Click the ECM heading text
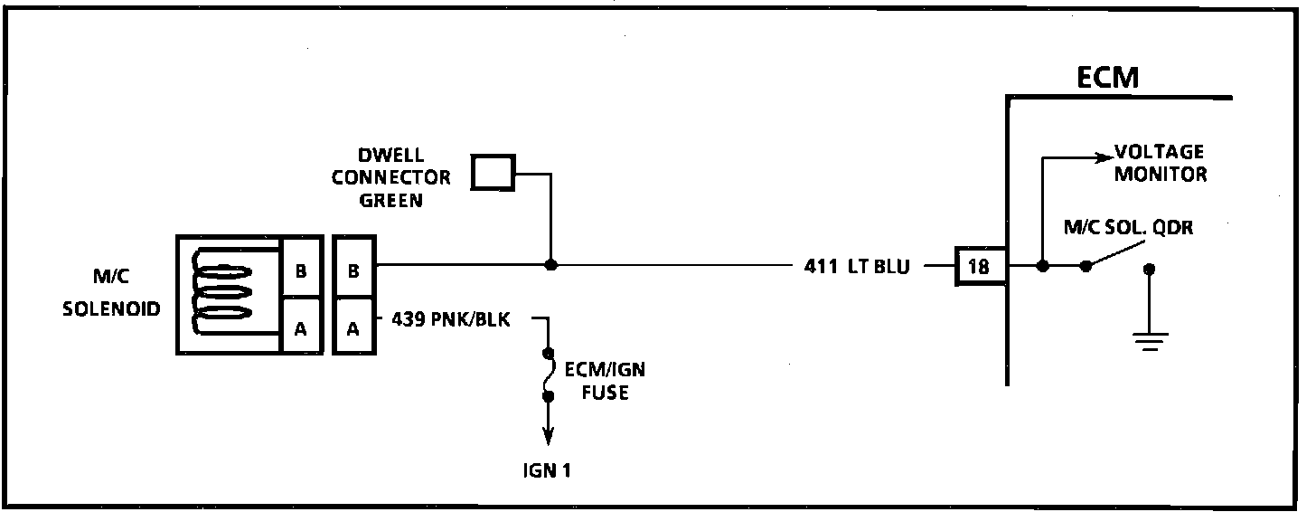click(x=1108, y=79)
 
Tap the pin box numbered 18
click(x=979, y=267)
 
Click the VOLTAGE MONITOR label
click(x=1160, y=163)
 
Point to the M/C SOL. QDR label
click(x=1127, y=229)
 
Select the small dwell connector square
click(x=493, y=172)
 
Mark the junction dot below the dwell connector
click(x=550, y=266)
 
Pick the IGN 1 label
click(x=547, y=470)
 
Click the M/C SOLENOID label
click(x=112, y=296)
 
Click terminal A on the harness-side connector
click(x=353, y=329)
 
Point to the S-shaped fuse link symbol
click(x=547, y=374)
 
